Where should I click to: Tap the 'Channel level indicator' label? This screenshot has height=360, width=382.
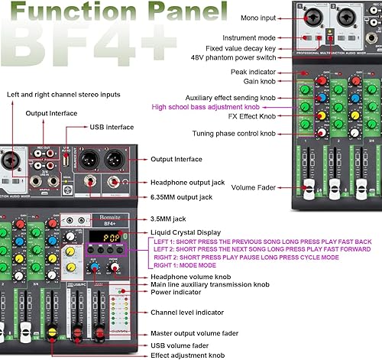click(188, 311)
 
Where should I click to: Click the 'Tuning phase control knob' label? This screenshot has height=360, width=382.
click(225, 133)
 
